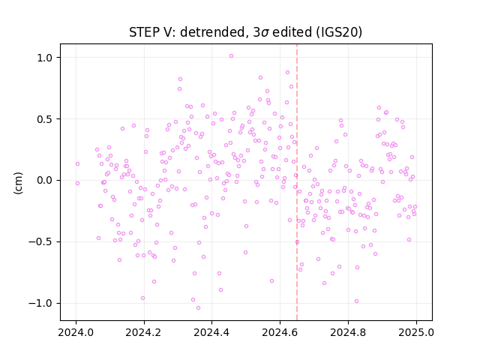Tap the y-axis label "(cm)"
coord(18,183)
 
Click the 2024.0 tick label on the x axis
coord(76,332)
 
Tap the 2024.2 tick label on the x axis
coord(144,332)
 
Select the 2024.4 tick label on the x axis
coord(211,332)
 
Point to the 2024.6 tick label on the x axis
coord(280,332)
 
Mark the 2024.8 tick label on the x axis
coord(348,332)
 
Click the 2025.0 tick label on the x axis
coord(416,332)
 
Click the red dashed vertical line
coord(297,182)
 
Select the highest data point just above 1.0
coord(232,56)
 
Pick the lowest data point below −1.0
coord(198,308)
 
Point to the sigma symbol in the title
coord(265,33)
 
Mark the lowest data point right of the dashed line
coord(357,301)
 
